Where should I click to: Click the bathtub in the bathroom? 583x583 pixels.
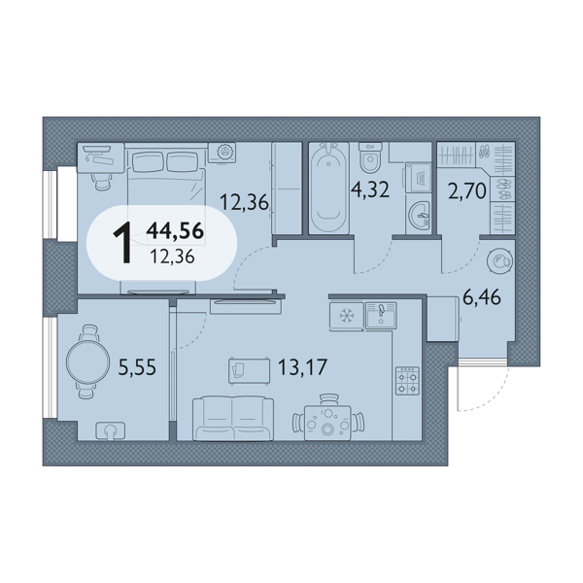pyautogui.click(x=329, y=188)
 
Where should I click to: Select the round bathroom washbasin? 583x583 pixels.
pyautogui.click(x=420, y=216)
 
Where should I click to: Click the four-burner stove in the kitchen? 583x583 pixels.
pyautogui.click(x=407, y=381)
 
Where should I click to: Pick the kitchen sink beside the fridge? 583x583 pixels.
pyautogui.click(x=381, y=315)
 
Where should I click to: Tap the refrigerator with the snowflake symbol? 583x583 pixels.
pyautogui.click(x=346, y=316)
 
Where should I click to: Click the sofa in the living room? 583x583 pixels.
pyautogui.click(x=233, y=418)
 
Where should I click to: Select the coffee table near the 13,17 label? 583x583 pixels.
pyautogui.click(x=249, y=370)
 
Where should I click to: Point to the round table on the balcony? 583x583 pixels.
pyautogui.click(x=87, y=361)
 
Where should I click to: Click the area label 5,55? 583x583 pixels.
pyautogui.click(x=137, y=367)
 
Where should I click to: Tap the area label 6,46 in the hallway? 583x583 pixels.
pyautogui.click(x=482, y=297)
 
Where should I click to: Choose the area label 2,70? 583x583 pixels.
pyautogui.click(x=467, y=191)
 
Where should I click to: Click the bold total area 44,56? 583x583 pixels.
pyautogui.click(x=175, y=230)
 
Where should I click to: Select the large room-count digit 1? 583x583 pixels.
pyautogui.click(x=123, y=242)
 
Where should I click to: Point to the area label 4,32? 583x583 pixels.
pyautogui.click(x=370, y=189)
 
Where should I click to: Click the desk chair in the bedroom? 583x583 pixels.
pyautogui.click(x=101, y=182)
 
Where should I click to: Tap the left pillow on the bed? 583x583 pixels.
pyautogui.click(x=147, y=161)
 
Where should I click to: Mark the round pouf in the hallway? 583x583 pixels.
pyautogui.click(x=499, y=260)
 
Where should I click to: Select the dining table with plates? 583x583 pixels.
pyautogui.click(x=327, y=423)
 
